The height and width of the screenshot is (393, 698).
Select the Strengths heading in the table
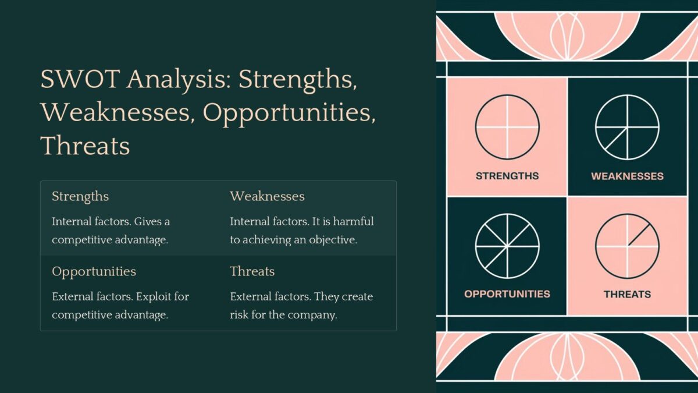tap(80, 196)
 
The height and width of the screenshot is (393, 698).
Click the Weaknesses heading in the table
tap(267, 196)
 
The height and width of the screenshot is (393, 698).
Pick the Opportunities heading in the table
tap(94, 271)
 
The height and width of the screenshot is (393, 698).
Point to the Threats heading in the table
tap(252, 271)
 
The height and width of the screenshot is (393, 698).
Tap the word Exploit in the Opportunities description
tap(154, 296)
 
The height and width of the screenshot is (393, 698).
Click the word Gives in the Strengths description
tap(143, 222)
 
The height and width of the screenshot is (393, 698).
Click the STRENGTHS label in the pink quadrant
tap(507, 176)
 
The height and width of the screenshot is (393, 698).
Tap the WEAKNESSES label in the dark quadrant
tap(627, 176)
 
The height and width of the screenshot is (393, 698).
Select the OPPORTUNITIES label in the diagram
tap(507, 294)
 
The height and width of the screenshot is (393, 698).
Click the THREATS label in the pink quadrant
tap(627, 294)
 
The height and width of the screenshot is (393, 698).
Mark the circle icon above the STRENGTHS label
tap(507, 127)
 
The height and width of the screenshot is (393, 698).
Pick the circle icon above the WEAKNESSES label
tap(627, 127)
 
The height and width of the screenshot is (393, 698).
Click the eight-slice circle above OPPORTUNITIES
tap(507, 246)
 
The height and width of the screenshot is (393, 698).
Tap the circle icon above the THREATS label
tap(627, 246)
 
